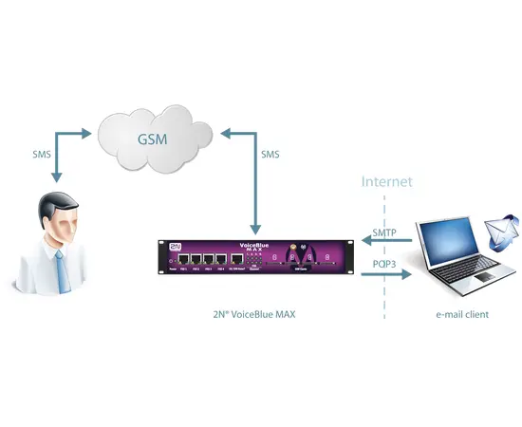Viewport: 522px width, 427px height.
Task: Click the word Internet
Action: coord(386,180)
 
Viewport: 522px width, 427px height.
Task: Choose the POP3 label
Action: coord(383,264)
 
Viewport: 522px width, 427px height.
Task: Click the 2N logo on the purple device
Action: coord(175,245)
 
